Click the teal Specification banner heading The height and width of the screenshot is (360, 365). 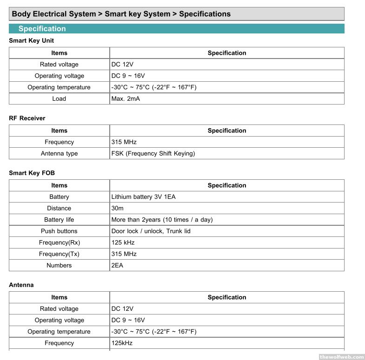pyautogui.click(x=42, y=29)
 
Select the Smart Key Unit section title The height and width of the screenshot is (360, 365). pyautogui.click(x=32, y=41)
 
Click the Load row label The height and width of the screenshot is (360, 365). pyautogui.click(x=59, y=98)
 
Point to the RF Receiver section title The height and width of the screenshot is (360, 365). pyautogui.click(x=27, y=118)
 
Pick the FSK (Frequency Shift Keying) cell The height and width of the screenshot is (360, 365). pyautogui.click(x=153, y=153)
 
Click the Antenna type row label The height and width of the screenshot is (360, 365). pyautogui.click(x=59, y=153)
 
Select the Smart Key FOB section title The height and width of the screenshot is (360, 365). pyautogui.click(x=32, y=173)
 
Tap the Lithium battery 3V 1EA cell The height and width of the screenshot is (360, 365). pyautogui.click(x=143, y=197)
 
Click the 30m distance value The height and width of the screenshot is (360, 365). pyautogui.click(x=117, y=208)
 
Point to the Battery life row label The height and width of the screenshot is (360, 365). pyautogui.click(x=59, y=220)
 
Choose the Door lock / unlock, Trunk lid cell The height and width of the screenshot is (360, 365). pyautogui.click(x=151, y=231)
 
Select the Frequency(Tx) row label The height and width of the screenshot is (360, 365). pyautogui.click(x=59, y=254)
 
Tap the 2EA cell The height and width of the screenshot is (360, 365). pyautogui.click(x=117, y=265)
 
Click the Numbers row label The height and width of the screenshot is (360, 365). pyautogui.click(x=59, y=265)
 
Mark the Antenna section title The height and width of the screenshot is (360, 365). pyautogui.click(x=21, y=285)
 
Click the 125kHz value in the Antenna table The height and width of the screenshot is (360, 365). pyautogui.click(x=122, y=343)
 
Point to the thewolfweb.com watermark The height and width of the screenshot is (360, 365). pyautogui.click(x=341, y=357)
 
